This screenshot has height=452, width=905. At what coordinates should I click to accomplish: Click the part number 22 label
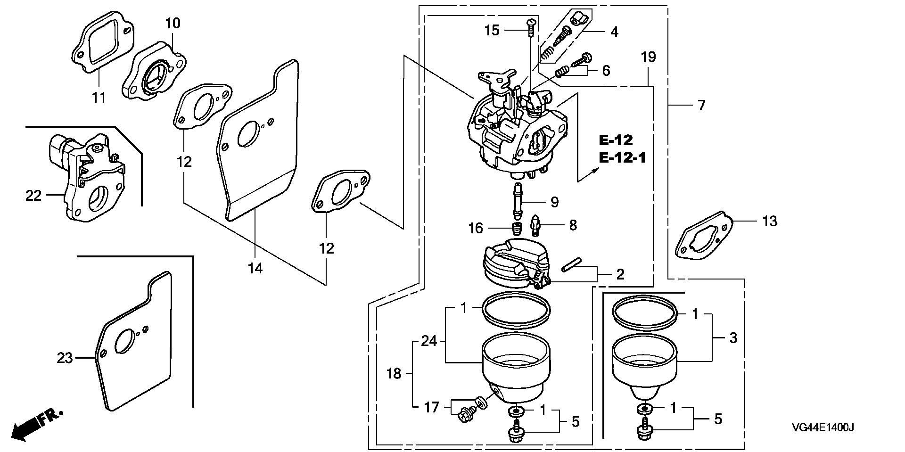point(33,195)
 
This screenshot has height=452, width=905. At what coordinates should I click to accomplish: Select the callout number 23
point(65,358)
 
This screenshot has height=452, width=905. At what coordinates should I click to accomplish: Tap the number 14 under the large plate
point(255,268)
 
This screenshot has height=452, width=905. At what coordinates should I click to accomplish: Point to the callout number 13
point(769,221)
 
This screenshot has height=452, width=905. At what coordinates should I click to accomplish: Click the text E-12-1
point(622,157)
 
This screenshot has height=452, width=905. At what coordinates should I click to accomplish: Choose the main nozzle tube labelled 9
point(518,202)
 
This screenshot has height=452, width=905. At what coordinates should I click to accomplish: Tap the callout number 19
point(648,58)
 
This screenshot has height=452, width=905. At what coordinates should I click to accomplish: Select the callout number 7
point(701,106)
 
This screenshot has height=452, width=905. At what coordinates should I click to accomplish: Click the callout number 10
point(173,23)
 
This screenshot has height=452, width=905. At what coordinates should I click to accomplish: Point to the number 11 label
point(99,98)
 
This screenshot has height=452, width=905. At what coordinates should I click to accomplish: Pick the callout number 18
point(394,374)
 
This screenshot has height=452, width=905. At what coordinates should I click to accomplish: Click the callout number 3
point(733,337)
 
